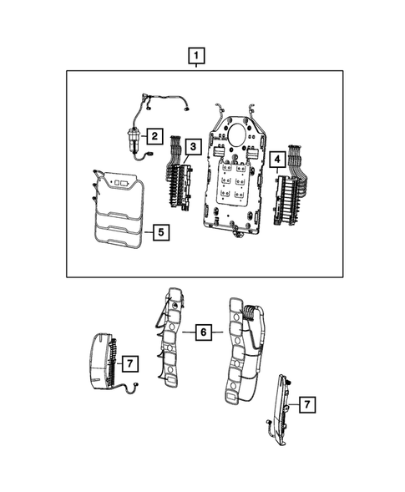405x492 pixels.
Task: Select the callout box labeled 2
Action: click(x=154, y=134)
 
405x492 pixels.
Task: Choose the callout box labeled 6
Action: click(x=202, y=332)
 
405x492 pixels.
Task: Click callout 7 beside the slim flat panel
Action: click(x=306, y=404)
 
